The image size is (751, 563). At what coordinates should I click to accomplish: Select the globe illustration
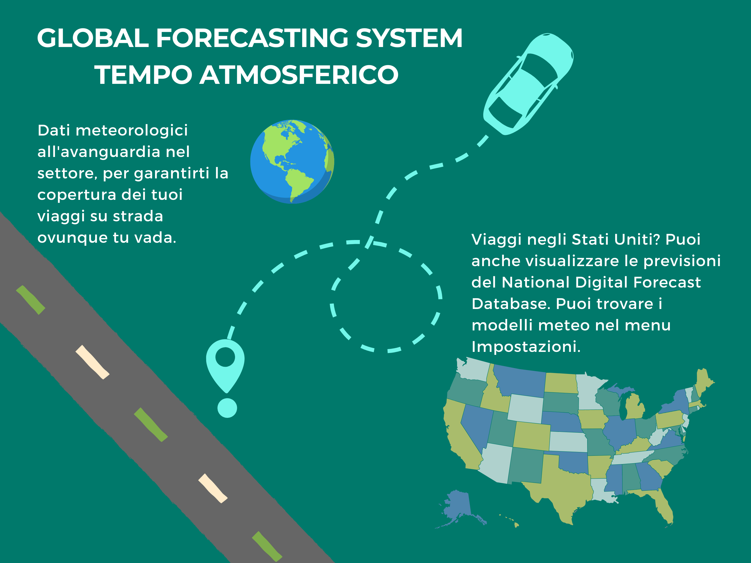pyautogui.click(x=292, y=161)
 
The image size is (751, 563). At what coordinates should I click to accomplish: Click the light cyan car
pyautogui.click(x=528, y=84)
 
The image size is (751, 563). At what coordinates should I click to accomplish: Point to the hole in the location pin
pyautogui.click(x=225, y=357)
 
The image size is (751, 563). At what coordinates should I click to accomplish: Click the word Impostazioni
pyautogui.click(x=526, y=347)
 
